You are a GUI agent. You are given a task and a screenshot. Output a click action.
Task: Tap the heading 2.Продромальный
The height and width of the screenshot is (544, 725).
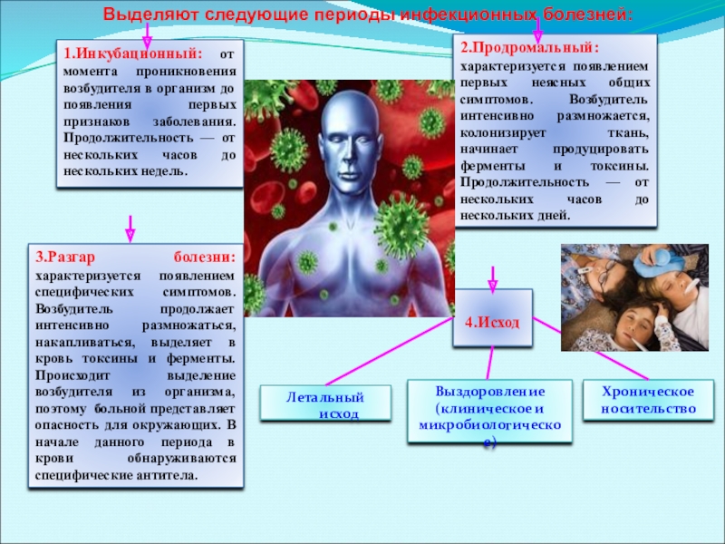tap(529, 46)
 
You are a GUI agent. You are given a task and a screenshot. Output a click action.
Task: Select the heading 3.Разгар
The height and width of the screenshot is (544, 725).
tap(76, 257)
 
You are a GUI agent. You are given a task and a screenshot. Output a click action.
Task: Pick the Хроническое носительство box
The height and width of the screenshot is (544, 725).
tap(649, 400)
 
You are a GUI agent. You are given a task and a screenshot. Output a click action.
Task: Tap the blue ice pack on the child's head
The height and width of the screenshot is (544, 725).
tap(657, 264)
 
